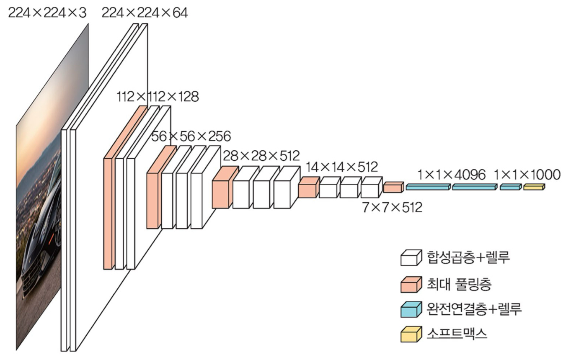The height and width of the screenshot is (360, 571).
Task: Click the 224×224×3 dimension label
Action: point(47,13)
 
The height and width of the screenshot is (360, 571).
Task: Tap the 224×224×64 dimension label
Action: point(145,13)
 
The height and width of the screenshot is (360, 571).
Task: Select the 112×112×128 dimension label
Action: point(158,97)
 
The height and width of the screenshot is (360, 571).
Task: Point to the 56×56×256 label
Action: point(191,136)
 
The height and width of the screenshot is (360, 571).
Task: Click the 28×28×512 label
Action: point(261,156)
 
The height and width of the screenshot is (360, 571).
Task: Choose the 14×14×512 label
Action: point(341,167)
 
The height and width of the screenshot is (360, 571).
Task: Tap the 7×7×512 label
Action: point(393,207)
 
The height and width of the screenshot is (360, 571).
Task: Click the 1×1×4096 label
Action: point(452,175)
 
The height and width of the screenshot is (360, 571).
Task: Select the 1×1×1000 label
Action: point(527,175)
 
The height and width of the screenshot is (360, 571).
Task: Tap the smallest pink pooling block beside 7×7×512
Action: point(393,188)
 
